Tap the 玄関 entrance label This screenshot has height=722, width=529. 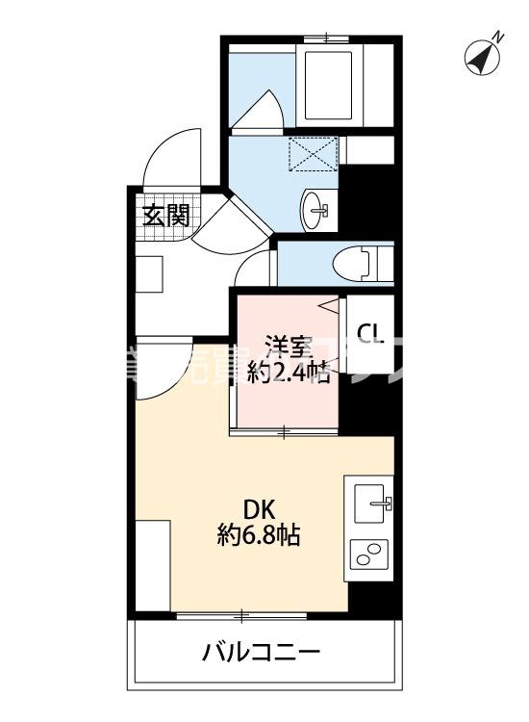pyautogui.click(x=165, y=216)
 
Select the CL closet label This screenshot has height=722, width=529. pyautogui.click(x=370, y=334)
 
